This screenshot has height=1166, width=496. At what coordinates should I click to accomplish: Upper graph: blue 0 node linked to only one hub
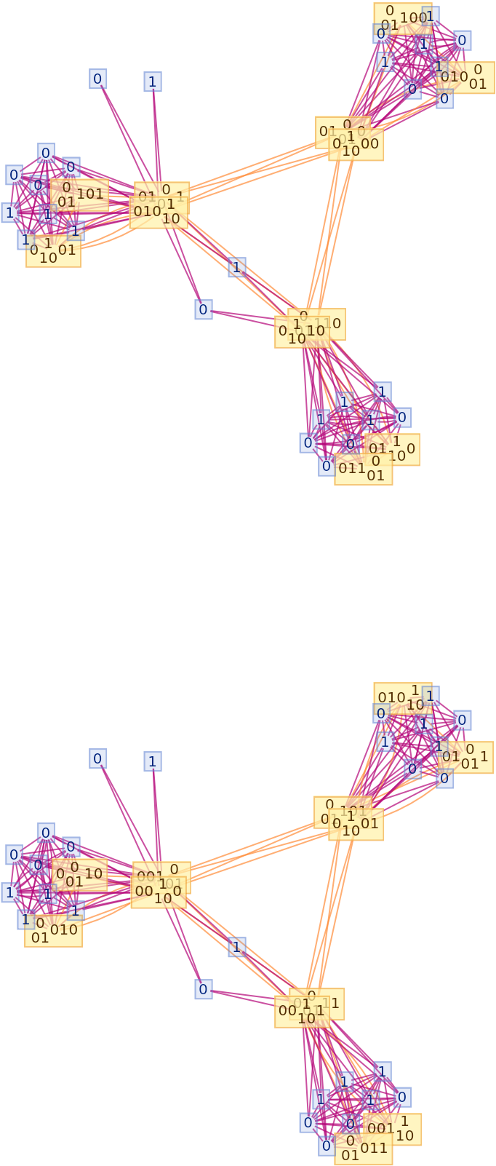point(98,79)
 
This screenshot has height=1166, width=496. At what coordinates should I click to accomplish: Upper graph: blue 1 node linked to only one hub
point(153,82)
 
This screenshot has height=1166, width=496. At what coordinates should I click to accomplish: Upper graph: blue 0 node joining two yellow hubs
point(204,309)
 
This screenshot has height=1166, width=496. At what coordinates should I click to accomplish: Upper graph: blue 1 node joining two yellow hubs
point(236,267)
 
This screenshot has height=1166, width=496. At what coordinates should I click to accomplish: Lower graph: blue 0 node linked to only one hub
point(98,758)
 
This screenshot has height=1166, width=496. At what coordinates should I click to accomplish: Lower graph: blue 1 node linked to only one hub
point(153,761)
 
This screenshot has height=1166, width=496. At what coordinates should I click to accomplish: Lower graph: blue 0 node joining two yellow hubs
point(204,989)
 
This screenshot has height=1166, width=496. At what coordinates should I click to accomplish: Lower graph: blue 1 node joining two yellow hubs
point(236,947)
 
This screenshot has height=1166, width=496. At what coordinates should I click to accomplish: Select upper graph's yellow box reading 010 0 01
point(465,77)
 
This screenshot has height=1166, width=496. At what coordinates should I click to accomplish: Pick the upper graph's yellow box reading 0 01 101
point(79,194)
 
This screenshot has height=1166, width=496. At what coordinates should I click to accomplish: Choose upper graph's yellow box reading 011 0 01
point(364,469)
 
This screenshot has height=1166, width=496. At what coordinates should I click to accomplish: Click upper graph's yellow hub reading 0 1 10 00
point(356,144)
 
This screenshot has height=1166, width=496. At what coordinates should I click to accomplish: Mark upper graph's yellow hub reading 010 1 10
point(159,213)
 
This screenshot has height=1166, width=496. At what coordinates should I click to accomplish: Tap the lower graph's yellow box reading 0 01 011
point(364,1149)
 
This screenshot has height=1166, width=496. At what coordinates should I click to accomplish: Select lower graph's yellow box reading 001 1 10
point(391,1129)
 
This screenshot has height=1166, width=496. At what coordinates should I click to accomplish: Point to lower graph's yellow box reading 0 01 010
point(53,931)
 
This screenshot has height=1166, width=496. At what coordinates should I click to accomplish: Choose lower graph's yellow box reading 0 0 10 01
point(79,874)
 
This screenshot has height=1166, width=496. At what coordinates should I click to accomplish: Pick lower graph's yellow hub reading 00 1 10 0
point(158,892)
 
